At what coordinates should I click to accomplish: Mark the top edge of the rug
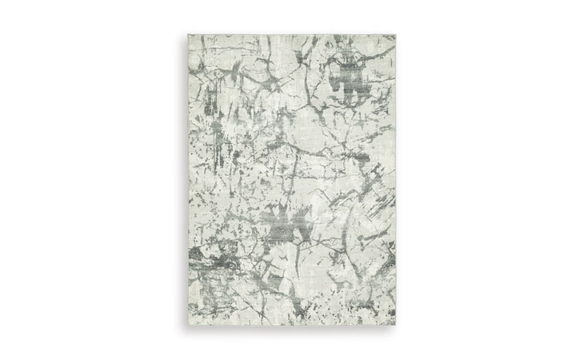293,34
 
